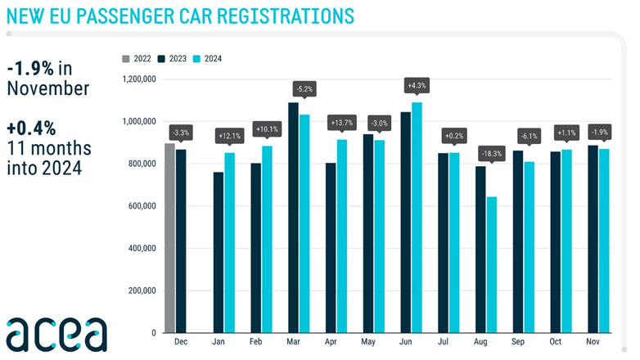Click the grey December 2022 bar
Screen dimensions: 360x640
170,238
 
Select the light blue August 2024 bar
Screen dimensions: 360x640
491,265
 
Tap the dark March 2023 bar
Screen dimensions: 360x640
293,218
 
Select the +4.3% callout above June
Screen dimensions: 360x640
416,85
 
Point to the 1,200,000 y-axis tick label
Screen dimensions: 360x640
137,79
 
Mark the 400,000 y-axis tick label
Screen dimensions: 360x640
142,249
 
